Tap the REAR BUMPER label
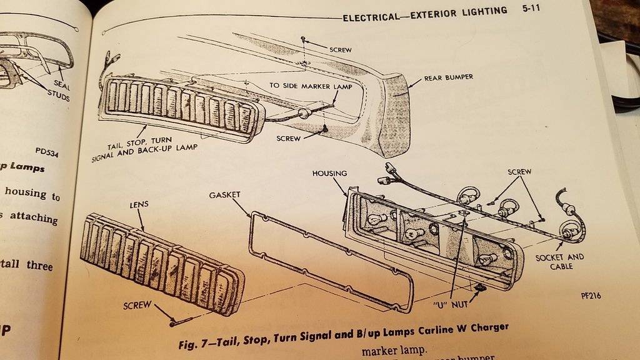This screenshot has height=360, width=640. [x=448, y=78]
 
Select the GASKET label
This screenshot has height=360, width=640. [x=224, y=195]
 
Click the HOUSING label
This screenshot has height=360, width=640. [x=329, y=173]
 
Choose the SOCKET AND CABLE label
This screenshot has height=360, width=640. [x=559, y=261]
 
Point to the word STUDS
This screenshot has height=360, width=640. [x=57, y=98]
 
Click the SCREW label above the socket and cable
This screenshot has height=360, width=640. [x=519, y=171]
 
